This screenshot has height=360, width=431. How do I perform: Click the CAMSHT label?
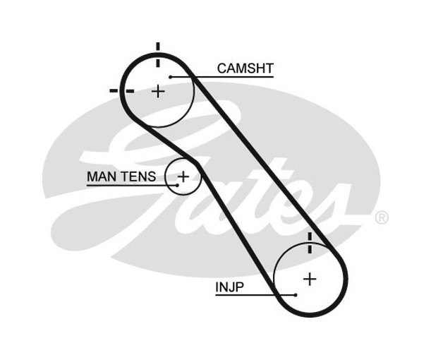(245, 68)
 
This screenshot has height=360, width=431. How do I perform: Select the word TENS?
(138, 176)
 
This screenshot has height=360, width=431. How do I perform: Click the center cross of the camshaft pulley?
(159, 91)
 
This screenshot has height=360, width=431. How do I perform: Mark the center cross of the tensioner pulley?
(183, 176)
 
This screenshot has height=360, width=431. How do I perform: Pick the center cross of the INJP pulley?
(310, 279)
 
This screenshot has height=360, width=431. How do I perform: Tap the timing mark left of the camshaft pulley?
(115, 90)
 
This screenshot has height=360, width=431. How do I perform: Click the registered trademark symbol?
(381, 217)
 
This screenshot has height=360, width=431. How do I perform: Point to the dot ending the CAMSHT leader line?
(170, 76)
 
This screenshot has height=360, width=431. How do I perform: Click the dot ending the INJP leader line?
(296, 295)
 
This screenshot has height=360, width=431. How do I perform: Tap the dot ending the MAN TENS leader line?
(177, 185)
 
